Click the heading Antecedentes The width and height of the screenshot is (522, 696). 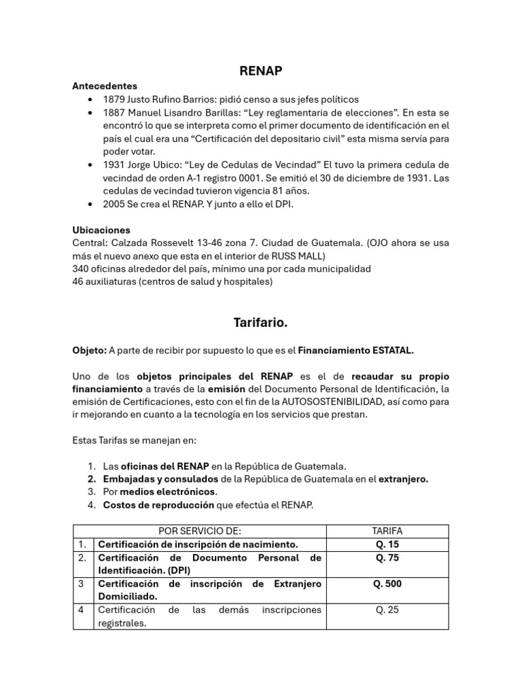coord(105,86)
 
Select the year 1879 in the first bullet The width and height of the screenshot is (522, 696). coord(115,99)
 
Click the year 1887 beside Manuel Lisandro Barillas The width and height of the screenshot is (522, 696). coord(115,112)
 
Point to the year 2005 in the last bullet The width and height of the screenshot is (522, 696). coord(115,203)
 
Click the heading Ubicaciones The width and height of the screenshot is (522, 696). coord(101,230)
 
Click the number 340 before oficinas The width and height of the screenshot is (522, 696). coord(81,268)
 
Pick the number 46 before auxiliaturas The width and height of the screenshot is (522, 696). coord(78,281)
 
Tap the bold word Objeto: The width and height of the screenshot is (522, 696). coord(89,350)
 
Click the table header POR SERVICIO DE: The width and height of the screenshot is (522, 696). coord(199,531)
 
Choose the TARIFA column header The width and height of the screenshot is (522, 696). coord(387,531)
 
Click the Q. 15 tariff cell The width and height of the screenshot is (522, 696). coord(387,544)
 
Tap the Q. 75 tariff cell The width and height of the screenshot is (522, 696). coord(387,558)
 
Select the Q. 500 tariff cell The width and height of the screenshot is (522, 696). coord(387,584)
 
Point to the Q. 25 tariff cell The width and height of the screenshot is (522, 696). coord(387,610)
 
